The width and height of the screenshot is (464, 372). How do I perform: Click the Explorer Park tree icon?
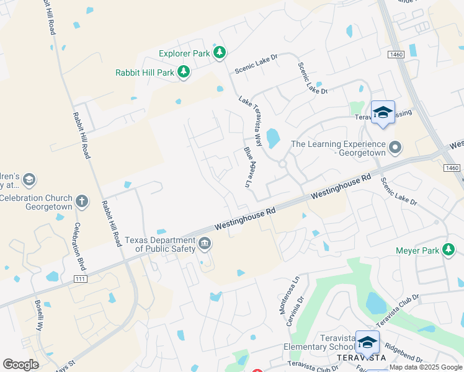[219, 54]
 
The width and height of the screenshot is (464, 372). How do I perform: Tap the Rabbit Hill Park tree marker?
[184, 73]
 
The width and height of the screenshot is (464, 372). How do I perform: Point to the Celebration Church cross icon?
[82, 201]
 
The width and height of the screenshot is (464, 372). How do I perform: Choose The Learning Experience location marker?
[395, 149]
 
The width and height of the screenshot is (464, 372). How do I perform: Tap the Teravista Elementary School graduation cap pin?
[367, 342]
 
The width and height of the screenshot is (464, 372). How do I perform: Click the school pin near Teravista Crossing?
[383, 112]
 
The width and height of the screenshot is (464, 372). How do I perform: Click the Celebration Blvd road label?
[79, 247]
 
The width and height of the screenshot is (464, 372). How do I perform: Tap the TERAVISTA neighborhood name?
[361, 358]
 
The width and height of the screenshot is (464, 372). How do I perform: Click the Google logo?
[20, 365]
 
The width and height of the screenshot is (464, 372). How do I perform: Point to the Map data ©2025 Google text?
[426, 368]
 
